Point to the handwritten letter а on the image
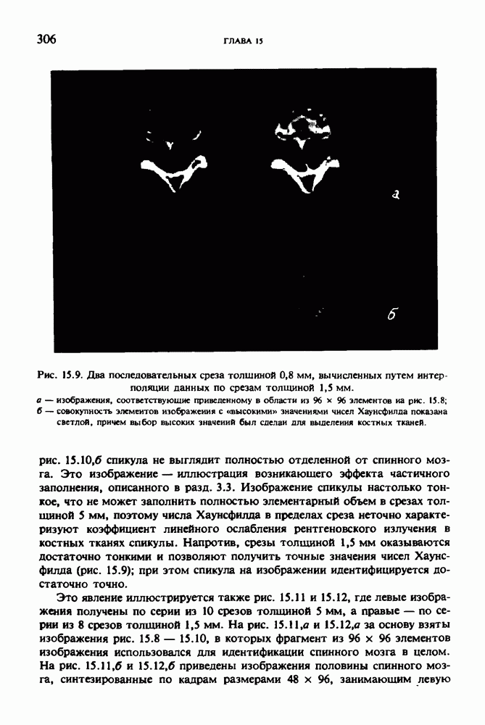pos(396,194)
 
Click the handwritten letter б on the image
pos(393,313)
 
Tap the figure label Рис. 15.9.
pos(61,376)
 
